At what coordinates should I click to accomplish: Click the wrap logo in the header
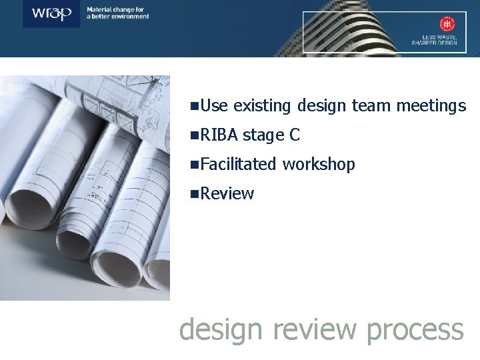[52, 13]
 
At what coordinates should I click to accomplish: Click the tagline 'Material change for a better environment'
[117, 13]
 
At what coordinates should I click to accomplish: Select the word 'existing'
[264, 105]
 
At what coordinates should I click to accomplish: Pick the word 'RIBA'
[219, 135]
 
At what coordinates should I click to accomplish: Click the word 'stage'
[263, 135]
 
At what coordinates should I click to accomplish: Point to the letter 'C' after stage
[295, 135]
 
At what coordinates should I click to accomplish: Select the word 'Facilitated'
[239, 164]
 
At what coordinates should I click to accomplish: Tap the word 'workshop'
[319, 164]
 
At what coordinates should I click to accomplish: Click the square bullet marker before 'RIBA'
[194, 135]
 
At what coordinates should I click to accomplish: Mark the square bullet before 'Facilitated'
[194, 165]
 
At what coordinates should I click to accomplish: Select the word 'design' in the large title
[222, 330]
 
